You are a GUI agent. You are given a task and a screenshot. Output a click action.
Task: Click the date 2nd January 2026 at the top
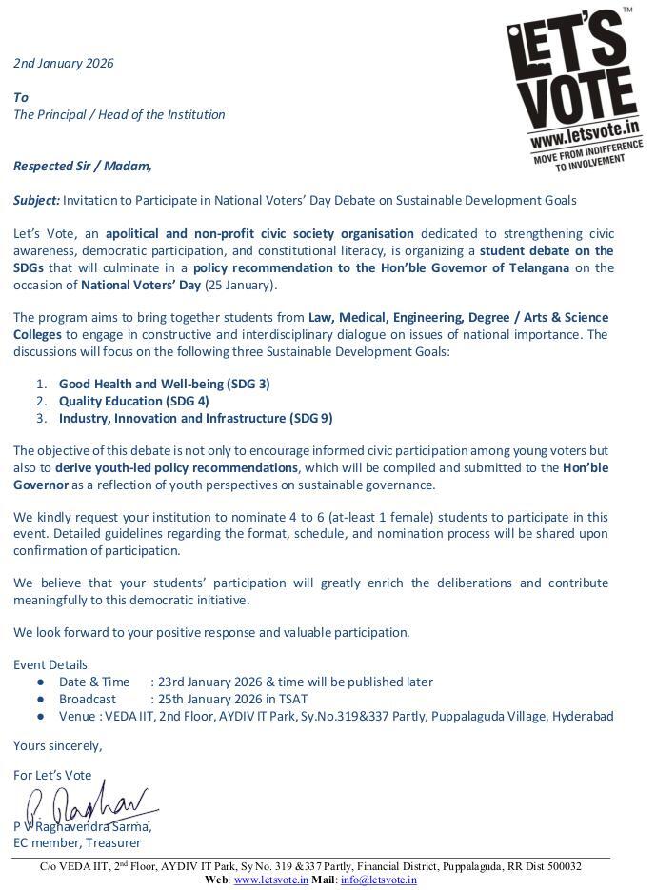pyautogui.click(x=63, y=64)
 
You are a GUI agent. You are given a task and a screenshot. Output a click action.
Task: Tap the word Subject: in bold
pyautogui.click(x=36, y=200)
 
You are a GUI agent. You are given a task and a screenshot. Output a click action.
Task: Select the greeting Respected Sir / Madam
pyautogui.click(x=82, y=166)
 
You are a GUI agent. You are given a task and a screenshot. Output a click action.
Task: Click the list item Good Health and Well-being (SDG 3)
pyautogui.click(x=164, y=384)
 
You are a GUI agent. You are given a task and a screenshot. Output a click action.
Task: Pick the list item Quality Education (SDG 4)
pyautogui.click(x=133, y=401)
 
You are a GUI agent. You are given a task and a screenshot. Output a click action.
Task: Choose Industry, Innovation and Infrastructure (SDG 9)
pyautogui.click(x=195, y=418)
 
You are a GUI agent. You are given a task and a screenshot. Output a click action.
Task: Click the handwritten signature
pyautogui.click(x=89, y=807)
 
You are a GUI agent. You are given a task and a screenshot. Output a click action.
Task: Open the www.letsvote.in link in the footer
pyautogui.click(x=270, y=880)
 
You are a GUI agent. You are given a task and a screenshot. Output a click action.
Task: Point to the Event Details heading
pyautogui.click(x=50, y=664)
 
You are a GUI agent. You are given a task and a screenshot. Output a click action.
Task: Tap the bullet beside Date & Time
pyautogui.click(x=40, y=682)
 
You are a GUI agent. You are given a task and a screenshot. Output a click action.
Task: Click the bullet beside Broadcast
pyautogui.click(x=40, y=700)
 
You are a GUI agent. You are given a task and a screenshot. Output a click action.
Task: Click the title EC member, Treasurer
pyautogui.click(x=77, y=842)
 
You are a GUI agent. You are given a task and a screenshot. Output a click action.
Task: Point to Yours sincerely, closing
pyautogui.click(x=57, y=745)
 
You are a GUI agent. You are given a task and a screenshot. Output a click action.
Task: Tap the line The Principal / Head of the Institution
pyautogui.click(x=119, y=114)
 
